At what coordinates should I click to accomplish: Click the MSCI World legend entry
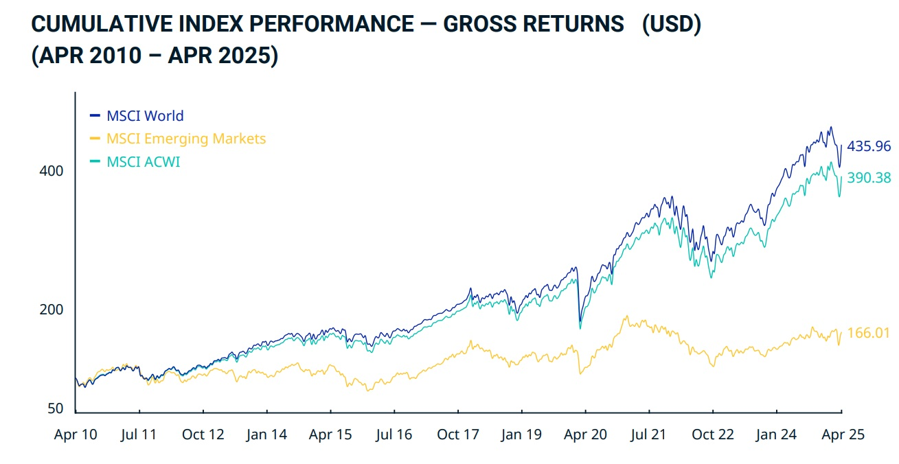click(145, 116)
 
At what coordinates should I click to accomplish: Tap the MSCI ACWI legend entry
click(143, 162)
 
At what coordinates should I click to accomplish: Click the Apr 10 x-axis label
click(76, 434)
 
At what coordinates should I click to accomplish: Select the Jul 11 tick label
click(140, 434)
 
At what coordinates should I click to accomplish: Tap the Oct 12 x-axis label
click(203, 434)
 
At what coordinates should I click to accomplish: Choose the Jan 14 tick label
click(266, 434)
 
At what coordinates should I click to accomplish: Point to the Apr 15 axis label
click(330, 434)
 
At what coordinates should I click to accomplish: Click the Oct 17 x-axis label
click(458, 434)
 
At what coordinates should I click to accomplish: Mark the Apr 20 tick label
click(586, 434)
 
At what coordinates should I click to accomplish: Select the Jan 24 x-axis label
click(776, 434)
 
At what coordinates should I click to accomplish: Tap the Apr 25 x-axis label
click(842, 434)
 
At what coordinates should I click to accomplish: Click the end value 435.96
click(869, 146)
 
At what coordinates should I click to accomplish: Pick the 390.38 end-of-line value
click(869, 178)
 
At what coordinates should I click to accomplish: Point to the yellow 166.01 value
click(869, 334)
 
